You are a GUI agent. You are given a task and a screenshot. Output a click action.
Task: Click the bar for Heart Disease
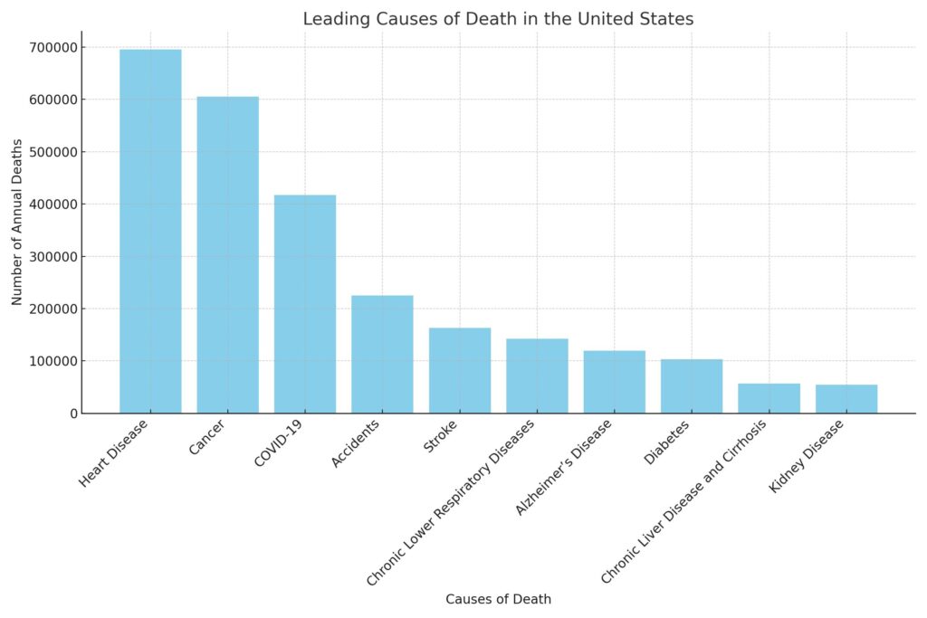150,232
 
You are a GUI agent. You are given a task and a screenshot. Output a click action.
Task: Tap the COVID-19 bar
305,304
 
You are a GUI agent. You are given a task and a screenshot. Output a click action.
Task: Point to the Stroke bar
460,371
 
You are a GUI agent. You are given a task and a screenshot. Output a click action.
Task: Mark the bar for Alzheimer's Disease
614,382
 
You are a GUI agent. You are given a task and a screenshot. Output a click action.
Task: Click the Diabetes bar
692,386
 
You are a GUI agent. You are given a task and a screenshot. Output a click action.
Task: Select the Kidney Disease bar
846,399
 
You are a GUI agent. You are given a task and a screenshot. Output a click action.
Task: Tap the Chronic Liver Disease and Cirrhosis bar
769,398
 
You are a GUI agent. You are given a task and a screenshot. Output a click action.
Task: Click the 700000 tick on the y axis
52,47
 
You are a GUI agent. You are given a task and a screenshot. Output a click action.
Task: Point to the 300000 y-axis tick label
52,256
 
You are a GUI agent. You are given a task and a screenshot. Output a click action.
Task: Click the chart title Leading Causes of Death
498,19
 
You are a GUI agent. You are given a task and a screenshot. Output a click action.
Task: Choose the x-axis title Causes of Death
498,599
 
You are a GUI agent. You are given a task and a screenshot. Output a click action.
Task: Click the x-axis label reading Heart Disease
115,452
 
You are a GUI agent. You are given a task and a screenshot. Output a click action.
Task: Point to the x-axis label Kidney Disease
808,456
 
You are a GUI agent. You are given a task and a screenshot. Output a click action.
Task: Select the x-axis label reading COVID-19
279,443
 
